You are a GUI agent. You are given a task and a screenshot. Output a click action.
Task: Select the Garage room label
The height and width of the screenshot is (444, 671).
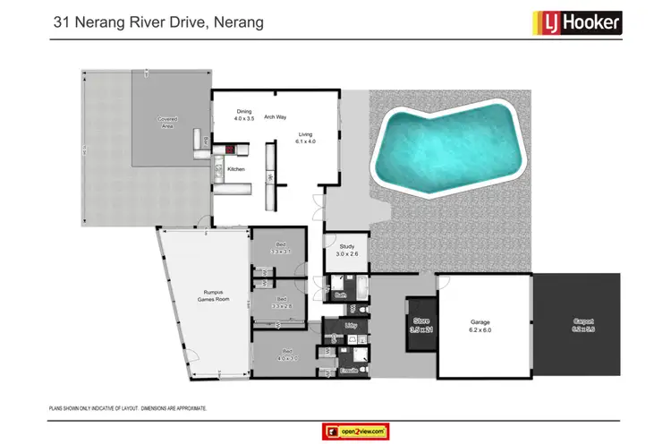pos(481,326)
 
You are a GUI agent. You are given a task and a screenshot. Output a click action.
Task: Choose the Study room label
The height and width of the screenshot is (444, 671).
pos(346,251)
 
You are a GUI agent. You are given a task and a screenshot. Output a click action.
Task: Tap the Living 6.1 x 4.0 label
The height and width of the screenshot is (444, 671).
pos(307,137)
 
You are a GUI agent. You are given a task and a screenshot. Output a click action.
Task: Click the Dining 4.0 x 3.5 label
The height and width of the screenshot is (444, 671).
pos(244,115)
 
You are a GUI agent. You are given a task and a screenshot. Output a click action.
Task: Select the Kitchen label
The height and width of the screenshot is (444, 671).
pos(235,169)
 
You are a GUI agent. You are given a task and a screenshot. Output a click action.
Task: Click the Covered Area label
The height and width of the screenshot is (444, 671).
pos(167,122)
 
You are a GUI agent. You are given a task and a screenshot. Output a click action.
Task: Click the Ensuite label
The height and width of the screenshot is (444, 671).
pos(348,369)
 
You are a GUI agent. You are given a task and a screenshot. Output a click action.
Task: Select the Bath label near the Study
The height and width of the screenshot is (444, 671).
pos(340,294)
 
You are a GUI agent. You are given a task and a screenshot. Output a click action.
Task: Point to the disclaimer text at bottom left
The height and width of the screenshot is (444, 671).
pos(128,407)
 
